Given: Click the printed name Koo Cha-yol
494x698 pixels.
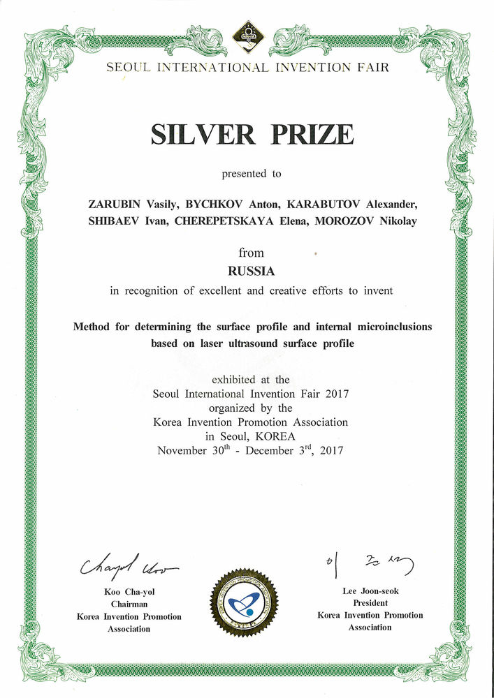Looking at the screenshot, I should pyautogui.click(x=129, y=592).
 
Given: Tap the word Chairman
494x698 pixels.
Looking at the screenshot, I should pyautogui.click(x=129, y=604).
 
